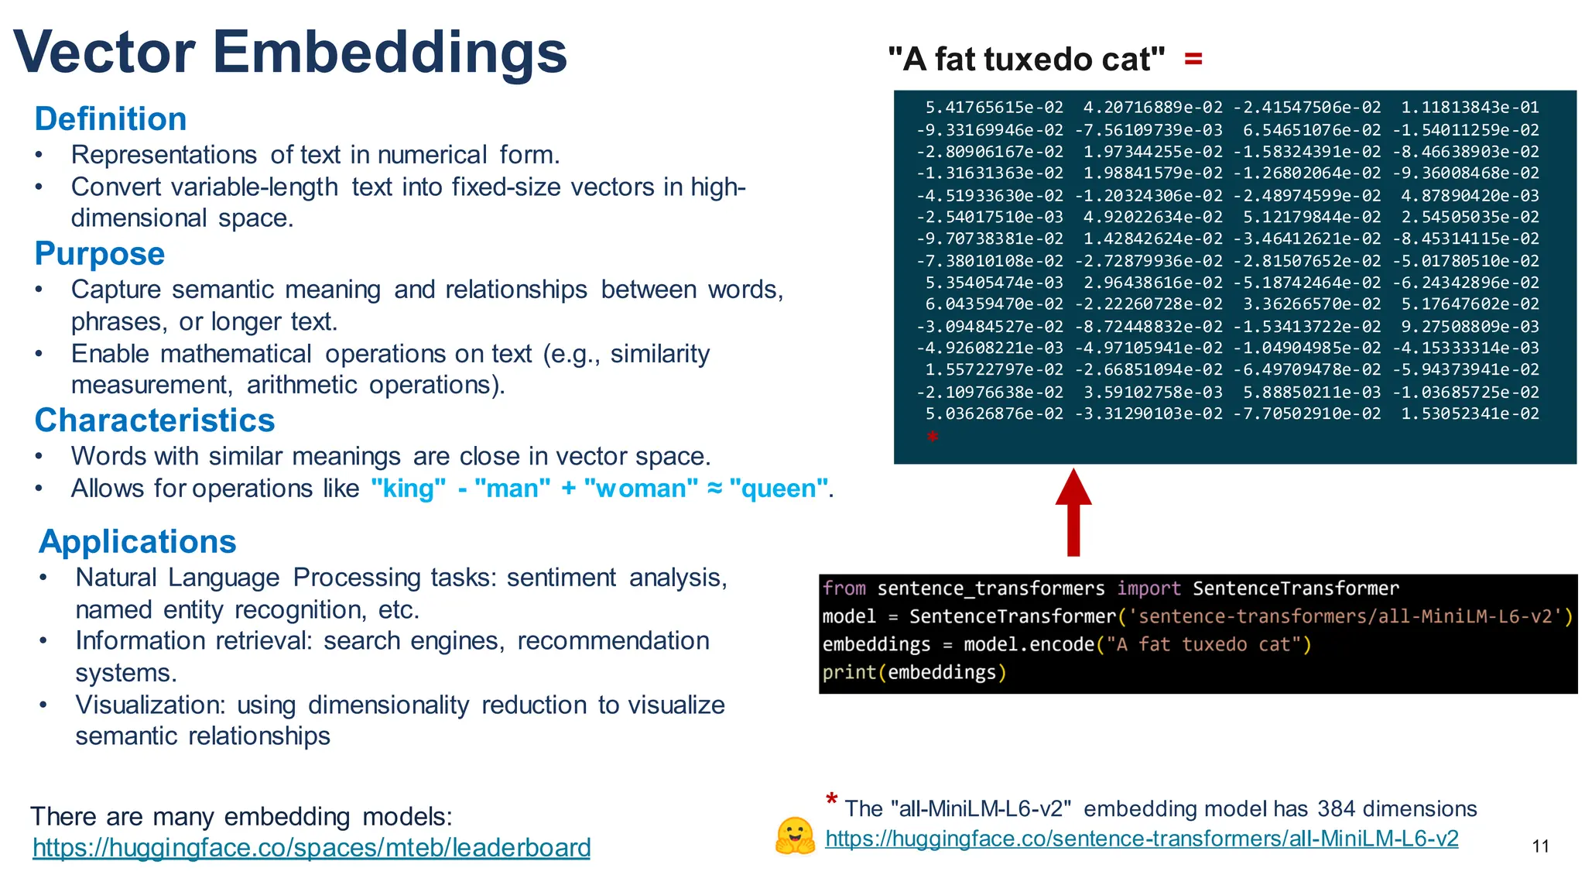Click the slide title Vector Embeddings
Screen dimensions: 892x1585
[x=290, y=53]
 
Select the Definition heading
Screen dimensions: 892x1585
[x=111, y=119]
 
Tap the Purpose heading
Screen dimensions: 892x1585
[x=100, y=254]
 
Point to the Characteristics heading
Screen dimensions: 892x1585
[x=155, y=420]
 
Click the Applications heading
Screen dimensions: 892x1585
[x=138, y=541]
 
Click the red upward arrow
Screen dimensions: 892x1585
[x=1073, y=512]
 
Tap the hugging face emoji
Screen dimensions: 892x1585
[x=795, y=836]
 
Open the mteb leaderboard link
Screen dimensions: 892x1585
[x=311, y=848]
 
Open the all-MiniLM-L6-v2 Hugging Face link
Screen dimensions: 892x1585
[x=1142, y=839]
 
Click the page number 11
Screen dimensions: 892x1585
[x=1540, y=846]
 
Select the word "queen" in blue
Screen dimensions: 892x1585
[x=779, y=489]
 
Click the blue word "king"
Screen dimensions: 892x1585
[x=409, y=489]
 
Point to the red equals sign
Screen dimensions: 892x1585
[x=1193, y=59]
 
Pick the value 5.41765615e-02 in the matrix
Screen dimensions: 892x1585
[x=994, y=108]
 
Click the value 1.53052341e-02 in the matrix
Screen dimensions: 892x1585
[x=1470, y=413]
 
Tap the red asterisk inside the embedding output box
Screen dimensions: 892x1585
[x=933, y=437]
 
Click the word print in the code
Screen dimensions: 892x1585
[x=848, y=672]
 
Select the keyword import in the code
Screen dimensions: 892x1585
[x=1149, y=588]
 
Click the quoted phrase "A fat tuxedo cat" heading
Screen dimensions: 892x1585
[x=1026, y=60]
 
